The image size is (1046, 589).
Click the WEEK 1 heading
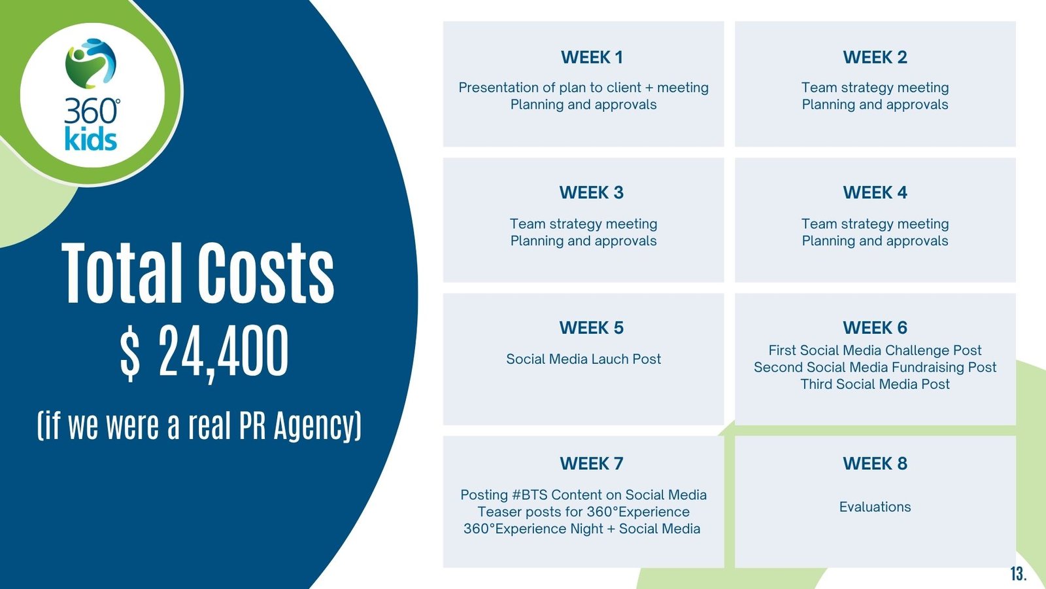point(592,58)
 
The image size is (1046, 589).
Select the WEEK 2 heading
point(875,58)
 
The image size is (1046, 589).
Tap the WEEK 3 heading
point(592,192)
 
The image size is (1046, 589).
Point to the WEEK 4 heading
point(875,192)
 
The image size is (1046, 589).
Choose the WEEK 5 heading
point(592,328)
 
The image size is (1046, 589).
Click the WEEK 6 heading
point(875,328)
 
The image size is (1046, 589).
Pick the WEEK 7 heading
point(592,463)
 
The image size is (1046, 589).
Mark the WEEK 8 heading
point(875,463)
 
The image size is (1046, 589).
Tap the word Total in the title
point(122,274)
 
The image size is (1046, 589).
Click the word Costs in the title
point(265,274)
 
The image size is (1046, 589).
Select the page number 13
point(1019,573)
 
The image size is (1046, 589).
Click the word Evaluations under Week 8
point(875,507)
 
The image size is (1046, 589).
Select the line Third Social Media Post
point(875,384)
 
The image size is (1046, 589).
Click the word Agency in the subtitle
point(318,425)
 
